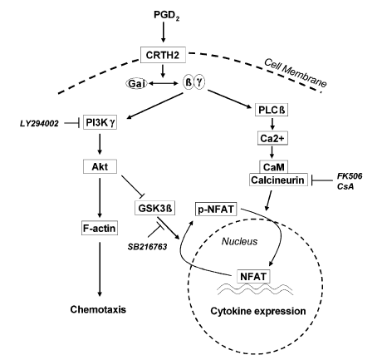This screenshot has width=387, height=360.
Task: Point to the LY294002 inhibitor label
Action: [x=37, y=125]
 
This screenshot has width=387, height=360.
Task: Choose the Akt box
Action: [x=100, y=165]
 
